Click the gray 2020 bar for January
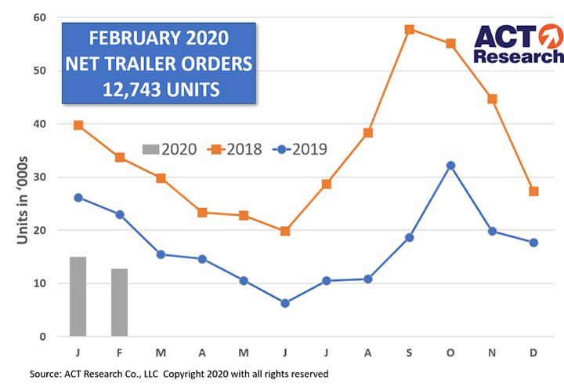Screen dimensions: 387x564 [x=78, y=297]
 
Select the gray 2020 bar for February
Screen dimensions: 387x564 [x=119, y=302]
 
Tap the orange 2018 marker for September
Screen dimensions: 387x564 [x=409, y=30]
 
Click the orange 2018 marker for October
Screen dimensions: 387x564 [x=450, y=44]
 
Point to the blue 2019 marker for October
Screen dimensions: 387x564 [x=450, y=166]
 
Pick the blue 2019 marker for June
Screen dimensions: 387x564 [x=285, y=303]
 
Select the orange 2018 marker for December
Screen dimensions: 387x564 [x=533, y=192]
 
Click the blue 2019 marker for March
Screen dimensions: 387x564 [x=161, y=254]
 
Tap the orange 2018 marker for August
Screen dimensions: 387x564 [x=367, y=133]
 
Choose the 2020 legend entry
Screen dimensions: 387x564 [x=168, y=148]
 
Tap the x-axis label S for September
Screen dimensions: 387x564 [x=409, y=353]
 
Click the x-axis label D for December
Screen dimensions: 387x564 [x=533, y=353]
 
